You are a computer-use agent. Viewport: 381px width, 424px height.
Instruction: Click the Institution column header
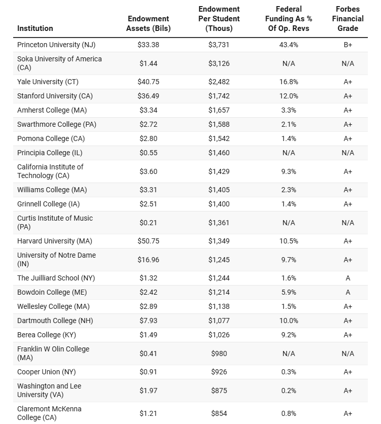[x=35, y=28]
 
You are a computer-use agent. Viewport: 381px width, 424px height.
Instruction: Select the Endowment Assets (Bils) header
[x=148, y=23]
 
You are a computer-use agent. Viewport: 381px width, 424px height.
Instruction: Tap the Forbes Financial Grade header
[x=348, y=19]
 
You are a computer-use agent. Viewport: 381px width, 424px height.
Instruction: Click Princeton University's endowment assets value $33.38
[x=148, y=45]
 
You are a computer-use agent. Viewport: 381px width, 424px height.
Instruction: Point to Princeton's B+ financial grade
[x=348, y=45]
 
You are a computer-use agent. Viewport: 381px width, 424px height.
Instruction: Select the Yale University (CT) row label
[x=48, y=82]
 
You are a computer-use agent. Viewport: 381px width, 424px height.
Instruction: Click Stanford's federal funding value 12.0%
[x=289, y=96]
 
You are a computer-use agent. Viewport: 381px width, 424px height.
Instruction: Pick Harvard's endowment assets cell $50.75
[x=148, y=241]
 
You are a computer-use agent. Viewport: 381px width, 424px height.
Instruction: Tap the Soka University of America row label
[x=59, y=63]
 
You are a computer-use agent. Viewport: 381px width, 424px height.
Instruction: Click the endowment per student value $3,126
[x=219, y=63]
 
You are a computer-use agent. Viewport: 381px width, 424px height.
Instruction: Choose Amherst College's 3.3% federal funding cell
[x=289, y=110]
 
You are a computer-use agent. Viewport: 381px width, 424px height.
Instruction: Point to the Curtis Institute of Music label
[x=55, y=222]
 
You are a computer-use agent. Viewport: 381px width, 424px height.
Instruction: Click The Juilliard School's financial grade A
[x=348, y=278]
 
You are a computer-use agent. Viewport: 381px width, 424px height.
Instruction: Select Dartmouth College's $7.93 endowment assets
[x=148, y=321]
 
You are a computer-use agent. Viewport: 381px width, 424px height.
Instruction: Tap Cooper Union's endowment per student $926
[x=219, y=372]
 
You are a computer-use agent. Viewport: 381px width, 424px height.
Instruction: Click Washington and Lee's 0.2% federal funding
[x=289, y=391]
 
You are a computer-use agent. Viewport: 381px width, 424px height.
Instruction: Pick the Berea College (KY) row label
[x=47, y=335]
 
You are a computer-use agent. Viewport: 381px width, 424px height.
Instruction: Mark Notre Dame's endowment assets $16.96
[x=148, y=260]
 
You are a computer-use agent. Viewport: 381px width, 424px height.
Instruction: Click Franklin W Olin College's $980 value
[x=219, y=354]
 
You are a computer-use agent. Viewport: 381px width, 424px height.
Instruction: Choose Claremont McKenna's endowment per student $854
[x=219, y=413]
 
